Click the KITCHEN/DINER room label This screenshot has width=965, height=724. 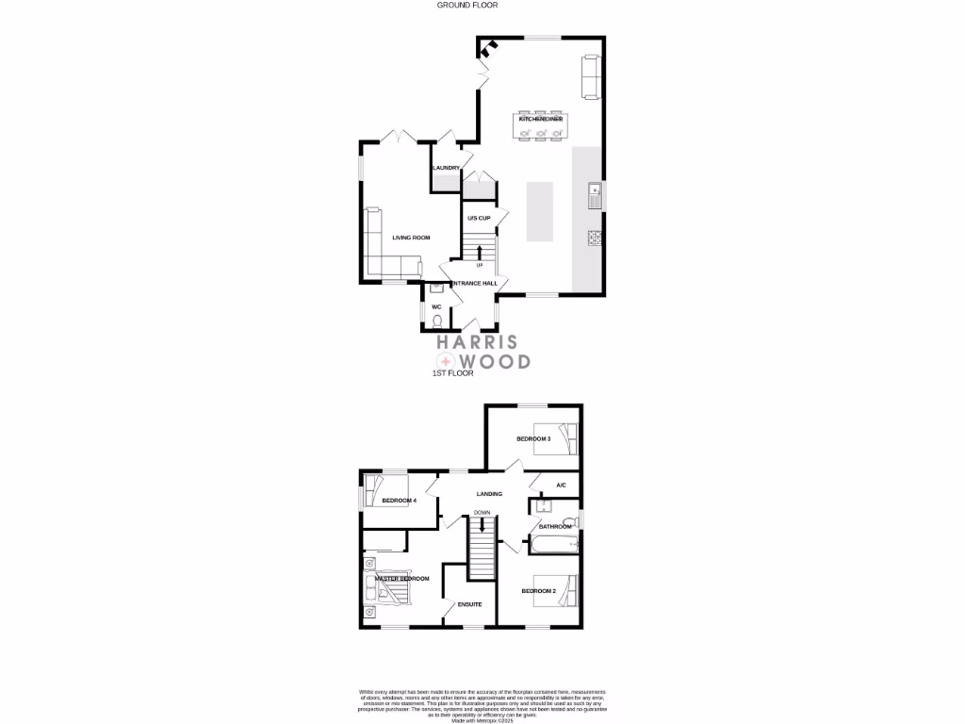[x=541, y=120]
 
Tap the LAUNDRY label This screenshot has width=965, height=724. [x=445, y=168]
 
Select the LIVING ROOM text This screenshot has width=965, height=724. [x=411, y=238]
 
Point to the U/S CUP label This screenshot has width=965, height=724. [x=479, y=218]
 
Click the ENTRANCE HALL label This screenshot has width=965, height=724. [x=474, y=283]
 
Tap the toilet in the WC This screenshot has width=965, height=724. [x=437, y=321]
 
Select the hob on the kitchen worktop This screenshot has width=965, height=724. [x=595, y=239]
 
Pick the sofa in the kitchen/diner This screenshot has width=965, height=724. [x=591, y=76]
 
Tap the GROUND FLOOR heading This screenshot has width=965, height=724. [x=467, y=5]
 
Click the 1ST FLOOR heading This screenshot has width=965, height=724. [x=451, y=374]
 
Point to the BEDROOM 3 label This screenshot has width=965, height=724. [x=533, y=439]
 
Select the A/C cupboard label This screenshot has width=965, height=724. [x=560, y=485]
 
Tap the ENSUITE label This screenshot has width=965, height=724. [x=470, y=605]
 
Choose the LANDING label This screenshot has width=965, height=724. [x=489, y=493]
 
